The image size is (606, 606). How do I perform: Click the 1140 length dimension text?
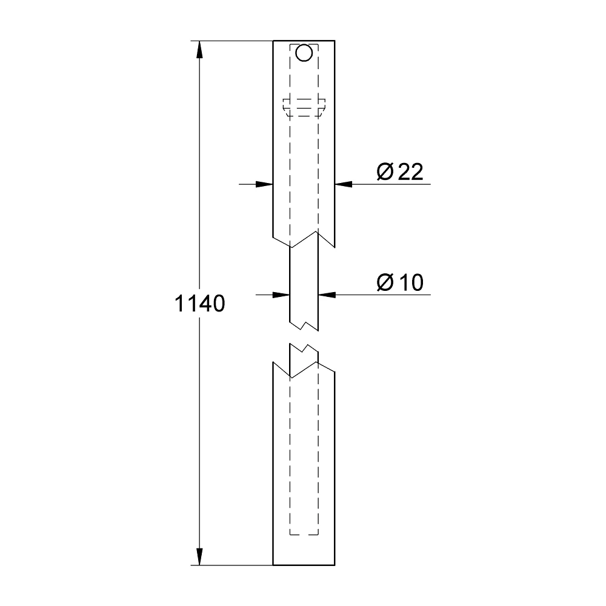200,304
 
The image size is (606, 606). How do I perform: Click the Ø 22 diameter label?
400,171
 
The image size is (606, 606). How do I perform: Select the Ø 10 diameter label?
400,282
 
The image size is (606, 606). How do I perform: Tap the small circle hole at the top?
304,53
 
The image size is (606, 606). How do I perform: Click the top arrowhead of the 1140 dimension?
199,50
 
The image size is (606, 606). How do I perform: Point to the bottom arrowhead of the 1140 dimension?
199,556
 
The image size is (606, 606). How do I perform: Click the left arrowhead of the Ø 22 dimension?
264,184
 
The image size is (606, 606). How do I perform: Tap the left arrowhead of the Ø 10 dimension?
281,295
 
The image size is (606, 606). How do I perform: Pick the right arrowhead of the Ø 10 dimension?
327,295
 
